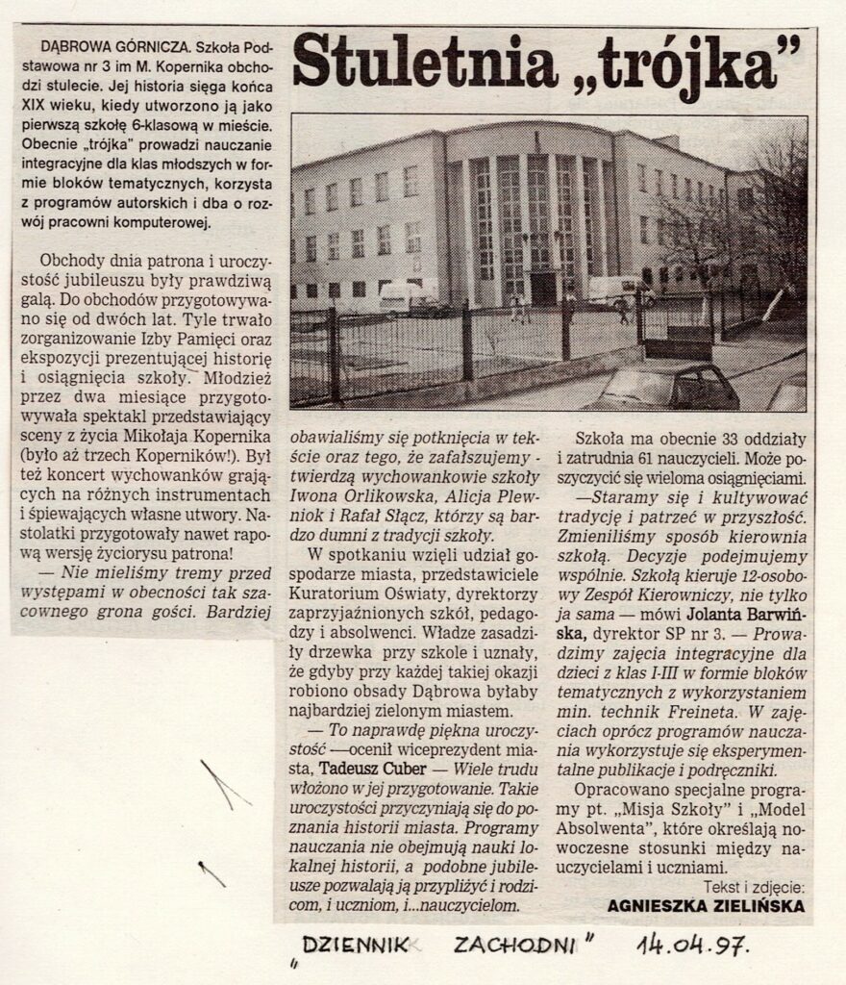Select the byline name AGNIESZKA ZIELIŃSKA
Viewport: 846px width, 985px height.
pyautogui.click(x=707, y=905)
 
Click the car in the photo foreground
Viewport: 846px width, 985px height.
pyautogui.click(x=663, y=388)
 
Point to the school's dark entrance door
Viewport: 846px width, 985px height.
pyautogui.click(x=543, y=289)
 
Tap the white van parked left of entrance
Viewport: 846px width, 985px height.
pyautogui.click(x=409, y=297)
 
